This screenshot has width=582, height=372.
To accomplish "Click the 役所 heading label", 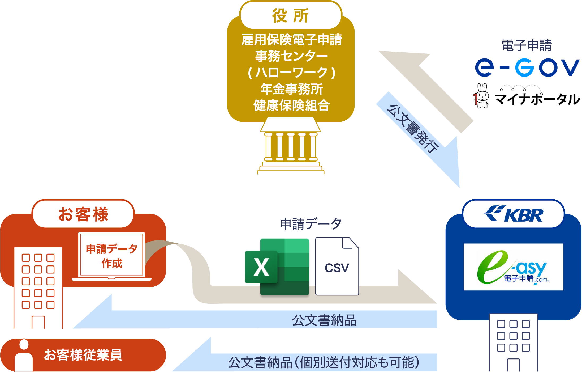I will (x=291, y=15).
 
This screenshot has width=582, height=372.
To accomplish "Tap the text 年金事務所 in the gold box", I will (x=291, y=89).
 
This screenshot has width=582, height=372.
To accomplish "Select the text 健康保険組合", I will (x=291, y=105).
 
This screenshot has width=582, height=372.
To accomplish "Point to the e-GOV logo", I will (x=527, y=68).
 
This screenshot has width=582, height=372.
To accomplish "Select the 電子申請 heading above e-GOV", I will (x=527, y=45).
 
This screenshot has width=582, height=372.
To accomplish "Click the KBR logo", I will (x=513, y=214).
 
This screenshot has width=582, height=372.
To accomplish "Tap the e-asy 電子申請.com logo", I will (x=513, y=267).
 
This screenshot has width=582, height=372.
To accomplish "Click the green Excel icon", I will (x=277, y=267).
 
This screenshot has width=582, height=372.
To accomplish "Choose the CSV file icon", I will (x=337, y=267).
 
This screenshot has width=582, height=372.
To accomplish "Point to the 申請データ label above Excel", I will (x=311, y=224).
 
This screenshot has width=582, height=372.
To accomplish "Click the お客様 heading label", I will (x=83, y=214).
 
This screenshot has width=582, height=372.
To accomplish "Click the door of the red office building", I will (x=38, y=322).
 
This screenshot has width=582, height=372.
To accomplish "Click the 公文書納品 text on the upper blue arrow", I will (x=324, y=320).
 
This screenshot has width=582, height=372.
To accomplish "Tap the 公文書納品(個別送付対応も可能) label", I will (x=324, y=362).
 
